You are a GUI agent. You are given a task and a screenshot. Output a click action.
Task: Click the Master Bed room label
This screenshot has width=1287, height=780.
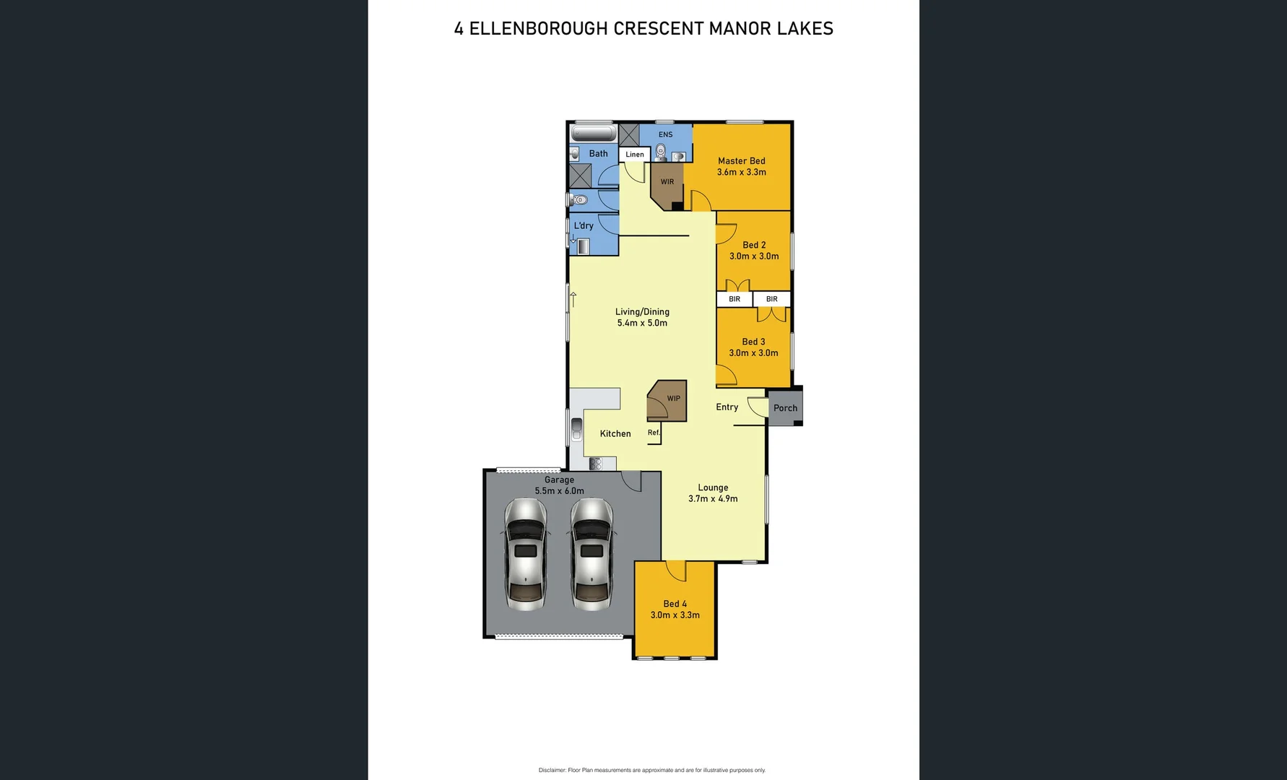point(741,161)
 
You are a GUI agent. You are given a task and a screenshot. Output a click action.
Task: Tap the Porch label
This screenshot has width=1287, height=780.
point(785,408)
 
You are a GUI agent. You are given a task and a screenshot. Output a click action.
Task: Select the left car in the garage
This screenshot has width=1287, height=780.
point(525,554)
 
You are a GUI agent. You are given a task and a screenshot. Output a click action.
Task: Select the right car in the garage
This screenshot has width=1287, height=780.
point(591,554)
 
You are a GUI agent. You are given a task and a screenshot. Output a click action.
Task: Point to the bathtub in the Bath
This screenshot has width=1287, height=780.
point(593,134)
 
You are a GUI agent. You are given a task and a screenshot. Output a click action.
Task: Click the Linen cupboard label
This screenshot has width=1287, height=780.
point(634,155)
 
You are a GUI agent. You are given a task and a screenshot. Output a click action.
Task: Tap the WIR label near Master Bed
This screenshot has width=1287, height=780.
point(667,182)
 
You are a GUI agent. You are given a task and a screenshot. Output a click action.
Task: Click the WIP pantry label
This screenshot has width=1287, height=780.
point(673,399)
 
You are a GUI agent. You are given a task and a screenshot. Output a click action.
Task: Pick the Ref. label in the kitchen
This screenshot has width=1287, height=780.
point(654,433)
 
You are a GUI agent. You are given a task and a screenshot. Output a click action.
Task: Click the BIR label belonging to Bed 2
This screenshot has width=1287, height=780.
point(734,299)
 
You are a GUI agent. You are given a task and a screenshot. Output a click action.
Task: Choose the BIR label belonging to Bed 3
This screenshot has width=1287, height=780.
point(771,299)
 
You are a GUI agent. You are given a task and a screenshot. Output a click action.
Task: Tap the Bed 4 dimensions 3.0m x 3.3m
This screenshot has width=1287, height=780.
point(675,615)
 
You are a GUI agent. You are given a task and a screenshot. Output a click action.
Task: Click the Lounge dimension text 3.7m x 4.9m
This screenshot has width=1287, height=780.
point(713,499)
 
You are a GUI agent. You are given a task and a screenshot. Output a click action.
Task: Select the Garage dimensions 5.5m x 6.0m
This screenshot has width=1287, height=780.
point(559,491)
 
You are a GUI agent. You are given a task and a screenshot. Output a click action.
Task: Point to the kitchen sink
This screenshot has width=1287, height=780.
point(576,429)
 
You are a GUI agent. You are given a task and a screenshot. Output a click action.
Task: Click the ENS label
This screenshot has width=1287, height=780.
point(665,135)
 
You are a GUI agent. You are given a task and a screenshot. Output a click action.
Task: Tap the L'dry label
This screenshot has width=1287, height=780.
point(584,226)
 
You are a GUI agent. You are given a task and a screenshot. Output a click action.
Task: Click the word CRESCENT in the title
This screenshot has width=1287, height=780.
point(658,29)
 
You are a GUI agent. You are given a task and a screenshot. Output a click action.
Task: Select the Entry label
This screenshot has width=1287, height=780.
point(727,407)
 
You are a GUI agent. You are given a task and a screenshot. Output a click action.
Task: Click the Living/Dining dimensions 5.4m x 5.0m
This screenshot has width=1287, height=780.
point(642,324)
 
